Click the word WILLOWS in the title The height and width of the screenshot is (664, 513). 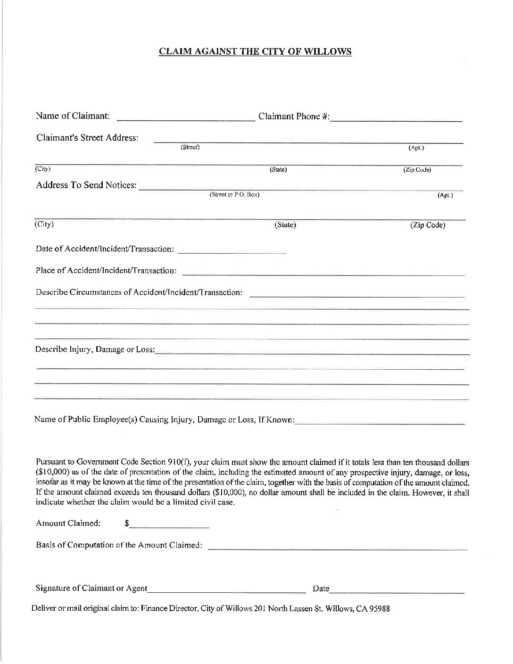point(330,52)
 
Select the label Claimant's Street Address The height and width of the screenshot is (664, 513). point(87,138)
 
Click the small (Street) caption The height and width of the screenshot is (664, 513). point(190,147)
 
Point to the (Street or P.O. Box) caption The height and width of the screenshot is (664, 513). point(234,194)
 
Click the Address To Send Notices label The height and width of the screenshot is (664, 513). point(86,185)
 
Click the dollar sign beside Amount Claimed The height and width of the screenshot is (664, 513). point(127,523)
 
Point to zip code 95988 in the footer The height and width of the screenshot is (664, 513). point(380,609)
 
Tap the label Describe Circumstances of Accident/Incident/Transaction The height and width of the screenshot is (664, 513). point(139,292)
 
